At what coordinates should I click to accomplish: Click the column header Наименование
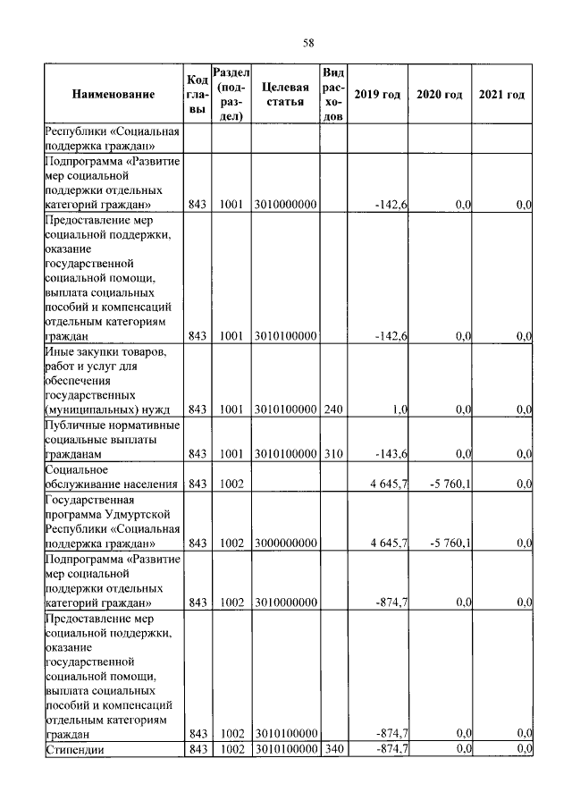point(114,94)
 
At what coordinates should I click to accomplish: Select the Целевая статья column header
point(285,94)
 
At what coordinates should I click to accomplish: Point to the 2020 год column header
point(440,94)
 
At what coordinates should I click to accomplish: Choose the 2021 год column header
point(501,94)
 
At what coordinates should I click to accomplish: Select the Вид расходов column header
point(332,94)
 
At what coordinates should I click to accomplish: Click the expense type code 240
point(332,409)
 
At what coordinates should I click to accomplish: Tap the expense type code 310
point(332,453)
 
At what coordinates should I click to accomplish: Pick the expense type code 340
point(332,748)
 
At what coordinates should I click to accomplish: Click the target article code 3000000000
point(285,543)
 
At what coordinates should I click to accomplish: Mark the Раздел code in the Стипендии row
point(231,748)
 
